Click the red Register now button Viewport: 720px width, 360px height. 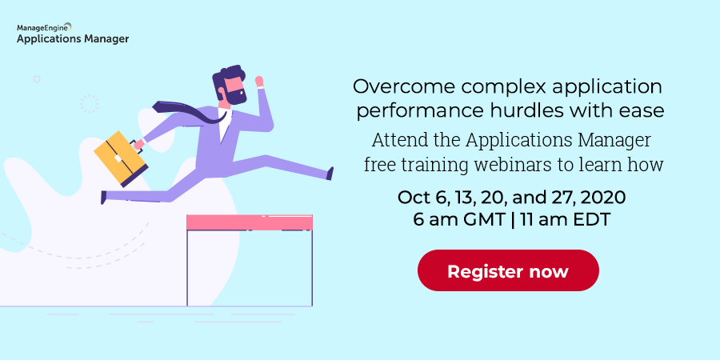click(508, 270)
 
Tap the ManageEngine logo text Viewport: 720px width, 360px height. click(44, 27)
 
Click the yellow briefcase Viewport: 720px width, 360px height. click(121, 159)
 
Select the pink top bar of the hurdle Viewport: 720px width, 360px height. click(250, 222)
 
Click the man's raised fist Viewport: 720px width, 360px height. click(259, 82)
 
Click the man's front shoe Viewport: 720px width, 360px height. click(330, 174)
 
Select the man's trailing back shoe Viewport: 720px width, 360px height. click(104, 198)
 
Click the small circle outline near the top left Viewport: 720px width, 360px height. click(37, 79)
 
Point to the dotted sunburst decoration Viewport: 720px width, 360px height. click(89, 104)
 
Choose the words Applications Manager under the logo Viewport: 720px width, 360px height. click(73, 39)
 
